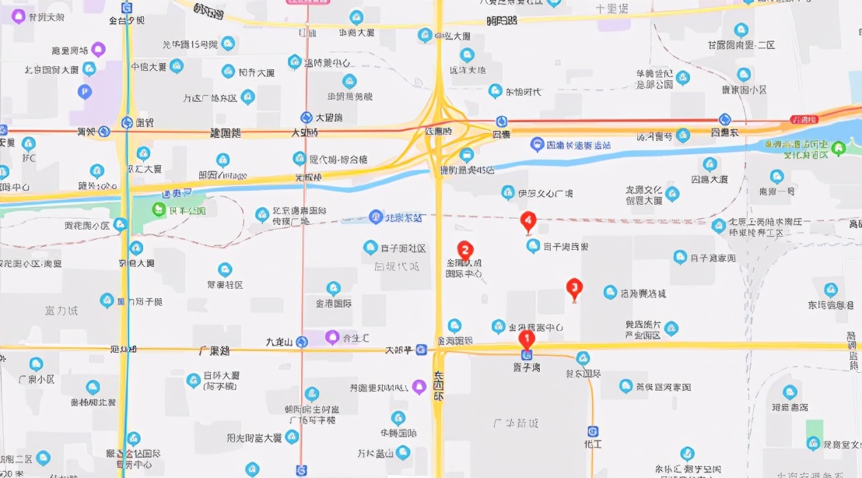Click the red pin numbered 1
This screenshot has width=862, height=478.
click(526, 339)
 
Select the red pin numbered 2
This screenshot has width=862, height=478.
click(464, 251)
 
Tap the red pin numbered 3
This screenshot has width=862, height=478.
click(574, 288)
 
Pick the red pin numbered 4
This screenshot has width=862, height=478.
click(528, 222)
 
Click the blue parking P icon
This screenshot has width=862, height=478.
click(84, 92)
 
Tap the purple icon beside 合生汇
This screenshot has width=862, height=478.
click(332, 337)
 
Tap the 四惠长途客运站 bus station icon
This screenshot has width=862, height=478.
click(537, 144)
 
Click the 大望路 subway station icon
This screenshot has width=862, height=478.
click(307, 118)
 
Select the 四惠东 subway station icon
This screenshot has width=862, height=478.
click(724, 119)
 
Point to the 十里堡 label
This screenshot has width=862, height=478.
click(611, 9)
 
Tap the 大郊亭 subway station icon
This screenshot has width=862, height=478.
click(421, 350)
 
